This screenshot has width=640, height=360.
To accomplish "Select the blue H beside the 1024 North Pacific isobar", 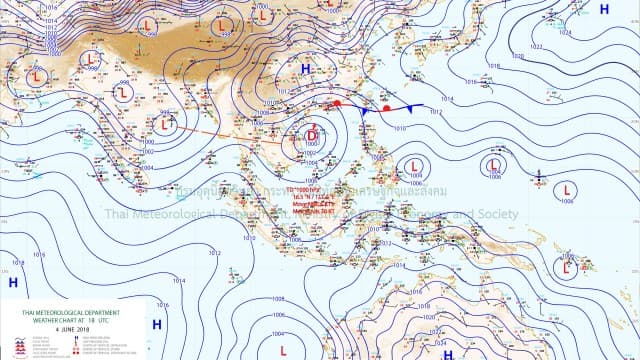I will pos(604,9).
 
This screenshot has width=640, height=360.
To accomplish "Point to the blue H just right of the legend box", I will pos(156,324).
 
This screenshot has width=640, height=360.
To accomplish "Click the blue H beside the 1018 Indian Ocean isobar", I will pos(13,283).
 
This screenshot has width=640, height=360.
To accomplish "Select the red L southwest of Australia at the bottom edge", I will pos(284,350).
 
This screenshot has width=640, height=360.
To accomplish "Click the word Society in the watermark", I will pos(494,214).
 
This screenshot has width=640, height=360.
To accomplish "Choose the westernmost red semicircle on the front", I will pos(338,103).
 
